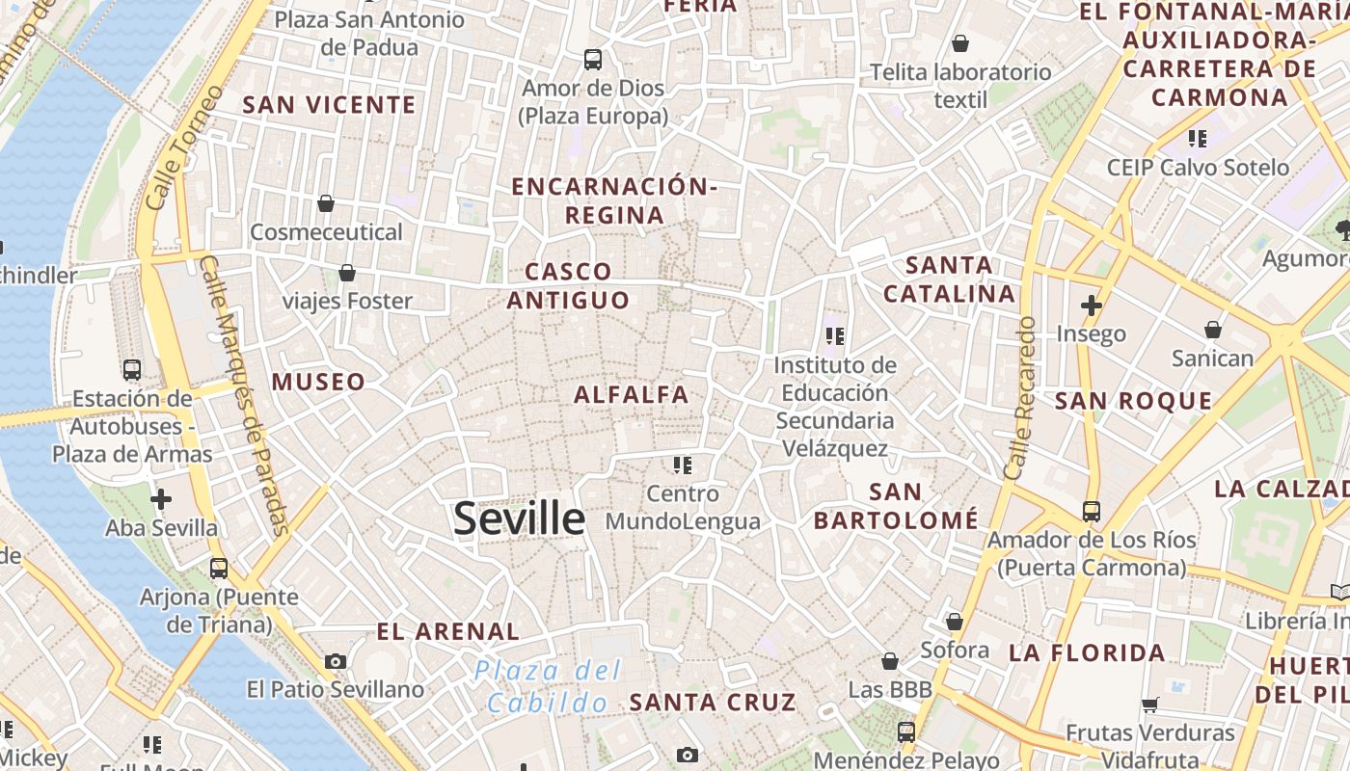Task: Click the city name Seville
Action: pos(519,518)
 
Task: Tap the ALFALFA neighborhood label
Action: pos(632,394)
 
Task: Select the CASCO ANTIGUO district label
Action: pos(569,285)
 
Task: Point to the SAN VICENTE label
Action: pos(329,104)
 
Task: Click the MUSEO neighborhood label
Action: pos(318,382)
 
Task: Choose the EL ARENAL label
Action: pos(447,632)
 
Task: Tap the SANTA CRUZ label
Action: pos(713,702)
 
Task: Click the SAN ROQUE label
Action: pos(1133,401)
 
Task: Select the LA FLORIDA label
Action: pos(1087,652)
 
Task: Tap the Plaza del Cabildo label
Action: pos(548,686)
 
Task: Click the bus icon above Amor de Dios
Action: pos(593,60)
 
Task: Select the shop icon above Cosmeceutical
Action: pos(326,203)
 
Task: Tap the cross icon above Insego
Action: pos(1091,306)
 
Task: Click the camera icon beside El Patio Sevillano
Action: pos(336,661)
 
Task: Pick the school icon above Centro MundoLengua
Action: pos(683,465)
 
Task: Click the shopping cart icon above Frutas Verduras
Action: pos(1149,705)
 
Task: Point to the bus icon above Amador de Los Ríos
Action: pos(1091,512)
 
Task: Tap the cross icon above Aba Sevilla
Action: pos(161,499)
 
